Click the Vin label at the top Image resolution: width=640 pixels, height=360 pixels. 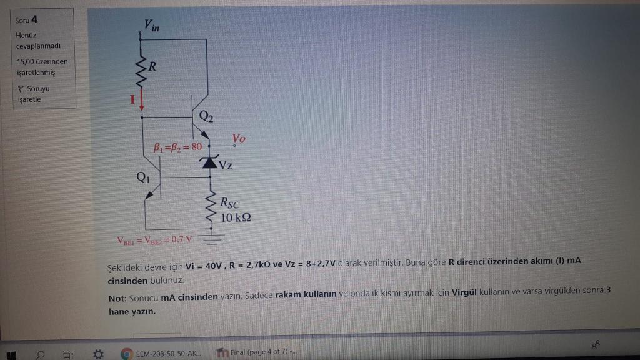151,25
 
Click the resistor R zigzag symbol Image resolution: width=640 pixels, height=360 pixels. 142,70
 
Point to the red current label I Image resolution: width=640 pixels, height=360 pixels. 132,99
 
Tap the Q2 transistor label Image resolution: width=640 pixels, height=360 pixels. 207,116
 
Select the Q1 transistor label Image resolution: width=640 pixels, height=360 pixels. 143,177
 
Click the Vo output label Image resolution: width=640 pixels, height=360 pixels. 238,138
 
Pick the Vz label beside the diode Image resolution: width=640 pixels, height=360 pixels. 226,166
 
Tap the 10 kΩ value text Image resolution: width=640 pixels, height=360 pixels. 236,217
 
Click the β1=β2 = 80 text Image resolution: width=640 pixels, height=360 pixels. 177,147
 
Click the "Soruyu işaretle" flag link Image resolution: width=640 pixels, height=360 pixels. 34,93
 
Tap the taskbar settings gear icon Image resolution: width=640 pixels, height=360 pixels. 97,354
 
